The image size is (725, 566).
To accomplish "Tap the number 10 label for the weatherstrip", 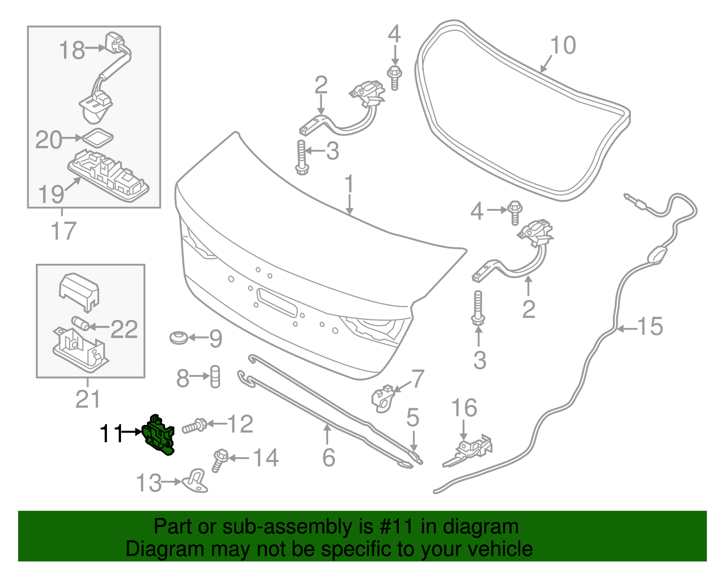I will click(x=563, y=45).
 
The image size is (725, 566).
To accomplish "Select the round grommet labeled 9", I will click(x=179, y=338).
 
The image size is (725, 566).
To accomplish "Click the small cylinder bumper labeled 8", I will click(x=215, y=376).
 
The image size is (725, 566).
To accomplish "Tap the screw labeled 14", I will click(x=219, y=460).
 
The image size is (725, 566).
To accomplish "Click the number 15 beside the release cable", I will click(x=650, y=327).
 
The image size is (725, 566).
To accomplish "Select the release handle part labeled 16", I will click(x=471, y=449).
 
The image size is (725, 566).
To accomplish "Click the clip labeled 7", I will click(x=383, y=397).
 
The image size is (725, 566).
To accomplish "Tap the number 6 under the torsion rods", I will click(x=329, y=457).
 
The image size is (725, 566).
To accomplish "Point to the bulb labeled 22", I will click(x=80, y=324).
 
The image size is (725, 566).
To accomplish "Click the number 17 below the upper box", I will click(x=63, y=231).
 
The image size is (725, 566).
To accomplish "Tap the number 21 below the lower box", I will click(x=87, y=399).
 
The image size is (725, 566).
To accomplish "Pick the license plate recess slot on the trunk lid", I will click(x=276, y=301).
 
